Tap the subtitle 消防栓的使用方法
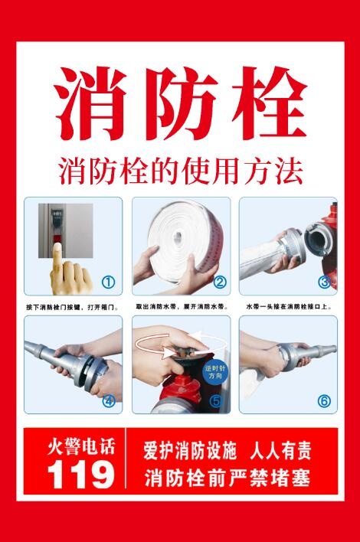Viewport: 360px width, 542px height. (x=181, y=169)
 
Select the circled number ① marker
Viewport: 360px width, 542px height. (x=108, y=282)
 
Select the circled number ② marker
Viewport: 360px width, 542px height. (x=220, y=282)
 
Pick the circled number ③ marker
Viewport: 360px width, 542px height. (x=324, y=282)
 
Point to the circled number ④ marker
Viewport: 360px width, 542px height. (x=108, y=400)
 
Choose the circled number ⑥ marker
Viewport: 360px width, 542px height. (x=324, y=400)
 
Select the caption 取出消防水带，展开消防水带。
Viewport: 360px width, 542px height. (x=181, y=306)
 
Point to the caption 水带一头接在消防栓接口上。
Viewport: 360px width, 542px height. (x=288, y=306)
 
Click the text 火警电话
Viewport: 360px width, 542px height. (x=80, y=446)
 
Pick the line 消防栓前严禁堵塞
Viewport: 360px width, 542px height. (x=227, y=478)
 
